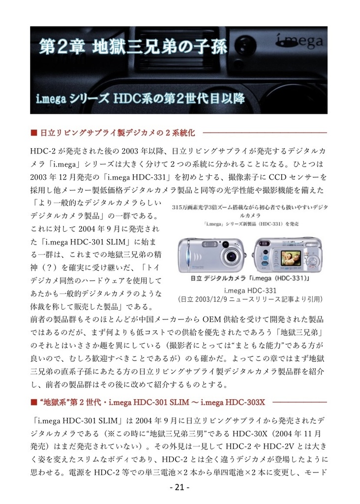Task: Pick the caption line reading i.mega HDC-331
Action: click(250, 290)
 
